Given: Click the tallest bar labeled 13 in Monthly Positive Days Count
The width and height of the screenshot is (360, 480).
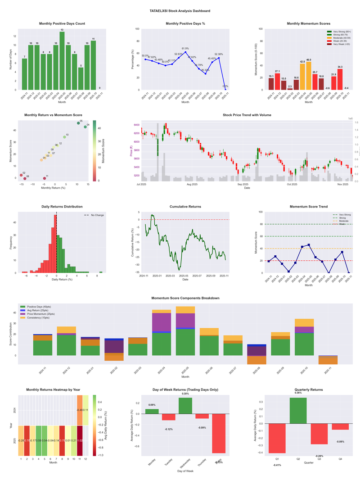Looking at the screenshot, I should pyautogui.click(x=62, y=61).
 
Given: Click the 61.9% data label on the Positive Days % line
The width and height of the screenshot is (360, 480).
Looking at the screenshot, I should pyautogui.click(x=185, y=48).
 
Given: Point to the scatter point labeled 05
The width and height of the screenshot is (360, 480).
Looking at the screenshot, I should pyautogui.click(x=78, y=122).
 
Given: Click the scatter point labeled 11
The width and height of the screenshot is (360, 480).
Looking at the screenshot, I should pyautogui.click(x=44, y=178).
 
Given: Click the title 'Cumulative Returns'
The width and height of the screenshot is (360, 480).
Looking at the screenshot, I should pyautogui.click(x=185, y=207).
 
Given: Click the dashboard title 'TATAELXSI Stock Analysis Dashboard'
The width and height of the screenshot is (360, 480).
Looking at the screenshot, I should pyautogui.click(x=180, y=10).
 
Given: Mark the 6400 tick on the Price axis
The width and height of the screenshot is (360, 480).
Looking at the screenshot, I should pyautogui.click(x=135, y=125).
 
